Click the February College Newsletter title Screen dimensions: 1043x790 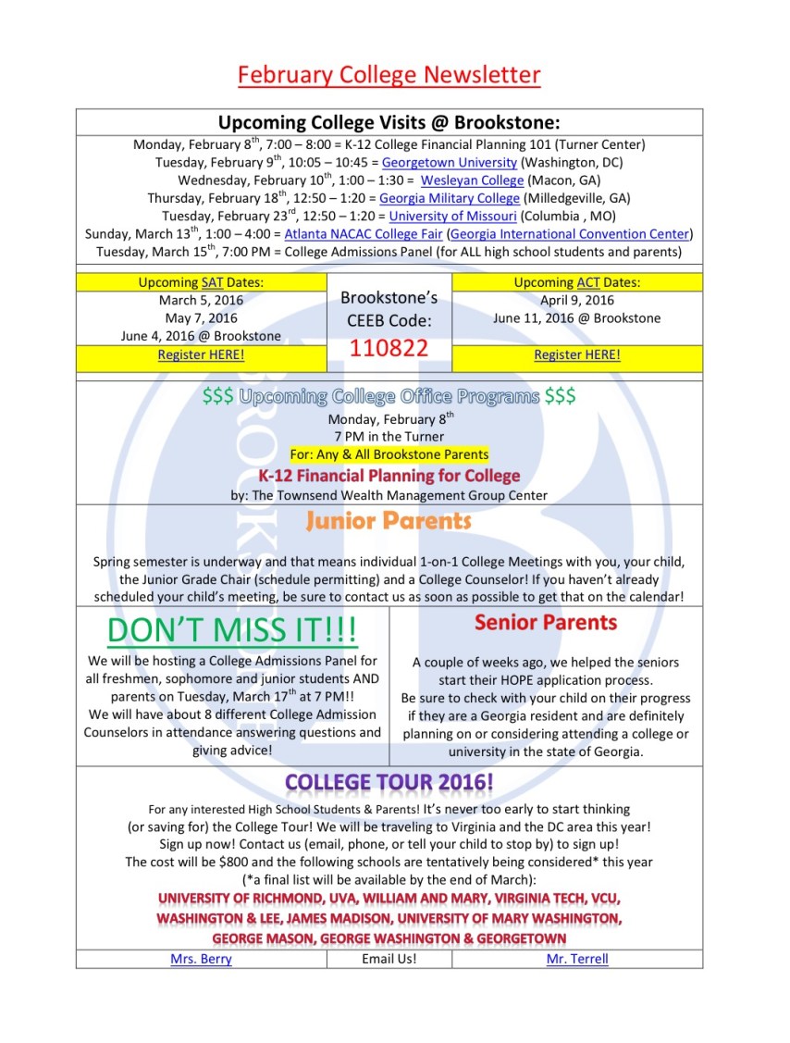(389, 74)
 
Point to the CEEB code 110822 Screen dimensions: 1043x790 (389, 348)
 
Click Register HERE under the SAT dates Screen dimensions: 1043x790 (201, 354)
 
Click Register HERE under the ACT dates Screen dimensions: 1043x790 (577, 354)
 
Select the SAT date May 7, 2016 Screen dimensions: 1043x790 (201, 318)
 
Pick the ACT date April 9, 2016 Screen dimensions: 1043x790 (577, 300)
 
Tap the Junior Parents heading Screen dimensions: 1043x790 (389, 521)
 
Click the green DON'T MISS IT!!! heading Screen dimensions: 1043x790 (231, 630)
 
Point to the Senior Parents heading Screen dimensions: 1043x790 (546, 623)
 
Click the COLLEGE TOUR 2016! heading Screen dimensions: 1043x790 (389, 782)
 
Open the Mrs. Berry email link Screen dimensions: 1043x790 (201, 959)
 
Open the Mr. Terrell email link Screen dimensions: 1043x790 (577, 959)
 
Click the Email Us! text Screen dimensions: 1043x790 (389, 959)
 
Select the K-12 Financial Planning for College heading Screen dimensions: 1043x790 (389, 476)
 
